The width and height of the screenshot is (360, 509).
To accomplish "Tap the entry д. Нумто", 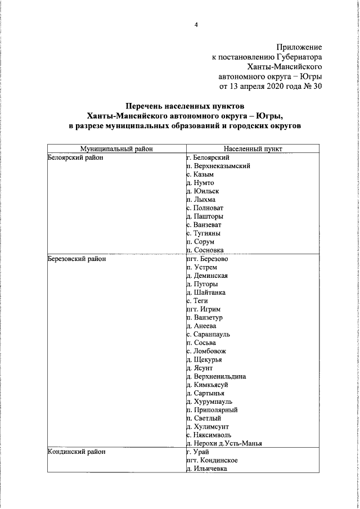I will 200,183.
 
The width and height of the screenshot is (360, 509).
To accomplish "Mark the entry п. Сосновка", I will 205,250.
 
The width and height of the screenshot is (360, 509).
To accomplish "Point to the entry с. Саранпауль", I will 209,334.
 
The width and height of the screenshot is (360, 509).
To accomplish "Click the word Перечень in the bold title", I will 146,105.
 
